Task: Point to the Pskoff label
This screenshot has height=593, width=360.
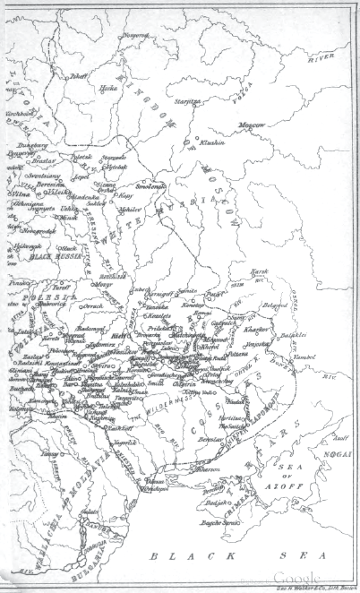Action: coord(78,77)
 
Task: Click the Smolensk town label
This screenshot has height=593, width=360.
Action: coord(151,186)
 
